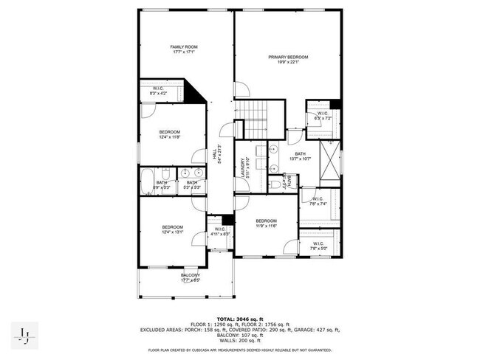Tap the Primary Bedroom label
(x=288, y=60)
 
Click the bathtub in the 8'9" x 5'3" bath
(x=146, y=181)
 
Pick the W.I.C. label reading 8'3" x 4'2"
(x=158, y=91)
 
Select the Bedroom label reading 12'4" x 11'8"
(x=169, y=134)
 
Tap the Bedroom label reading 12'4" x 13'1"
(x=172, y=229)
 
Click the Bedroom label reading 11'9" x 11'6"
(x=266, y=224)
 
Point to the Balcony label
(x=191, y=277)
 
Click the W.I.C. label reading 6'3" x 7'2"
(x=323, y=116)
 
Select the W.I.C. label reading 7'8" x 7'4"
(x=318, y=201)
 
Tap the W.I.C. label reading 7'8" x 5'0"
(x=318, y=246)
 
